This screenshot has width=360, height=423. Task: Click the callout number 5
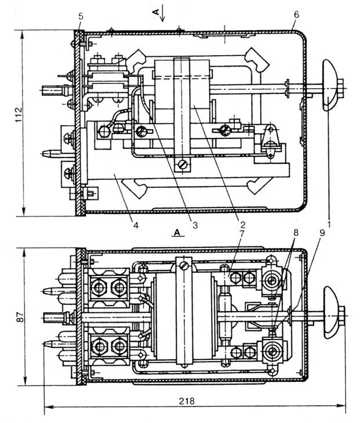tap(81, 16)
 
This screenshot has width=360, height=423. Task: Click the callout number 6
tap(296, 14)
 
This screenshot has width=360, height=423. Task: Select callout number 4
tap(136, 225)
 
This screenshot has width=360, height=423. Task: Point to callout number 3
tap(195, 225)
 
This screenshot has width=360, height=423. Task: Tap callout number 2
tap(242, 224)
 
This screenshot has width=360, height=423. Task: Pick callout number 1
tap(329, 224)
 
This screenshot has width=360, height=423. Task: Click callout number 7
tap(242, 234)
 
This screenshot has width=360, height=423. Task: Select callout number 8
tap(296, 232)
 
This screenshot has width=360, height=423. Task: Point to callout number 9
tap(322, 232)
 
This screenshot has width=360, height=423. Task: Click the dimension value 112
tap(19, 115)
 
